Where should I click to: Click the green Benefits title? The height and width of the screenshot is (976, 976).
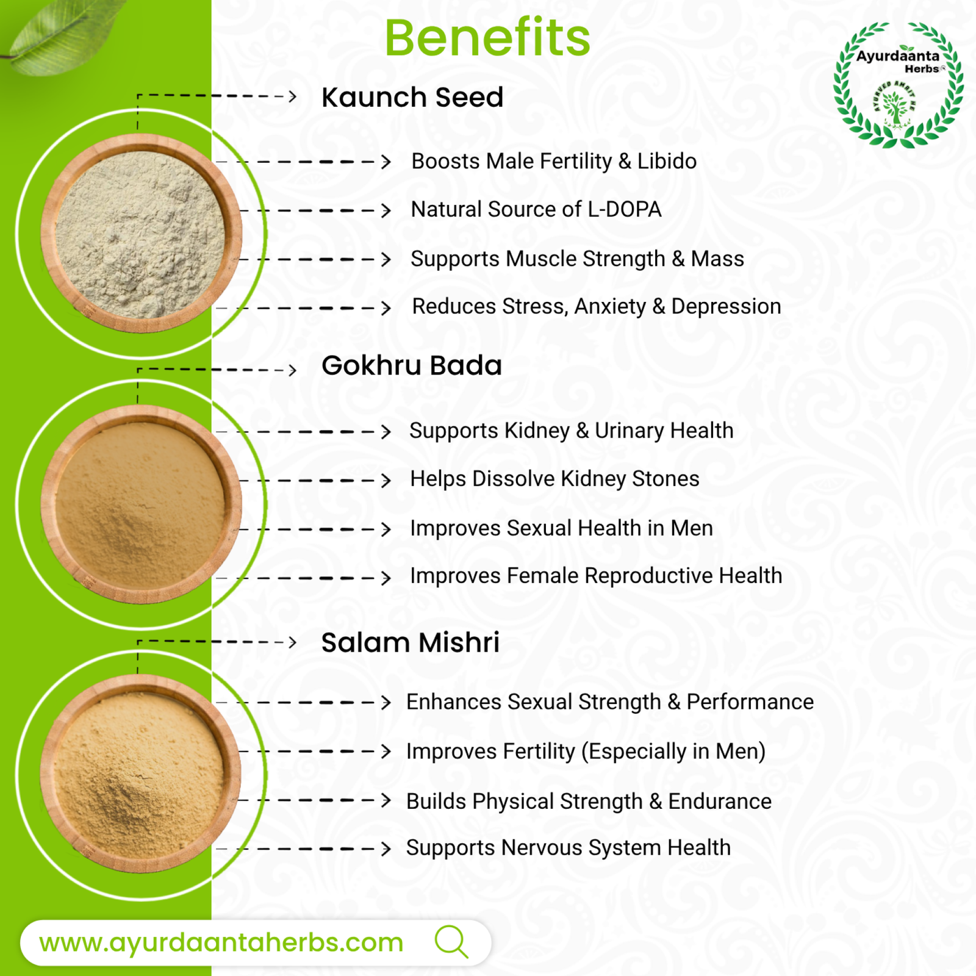487,38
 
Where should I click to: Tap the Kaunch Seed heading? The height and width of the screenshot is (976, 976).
412,97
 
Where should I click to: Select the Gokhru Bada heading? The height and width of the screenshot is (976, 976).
412,365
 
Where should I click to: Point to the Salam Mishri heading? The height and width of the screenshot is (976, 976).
411,642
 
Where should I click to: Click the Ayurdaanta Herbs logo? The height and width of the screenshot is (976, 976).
898,85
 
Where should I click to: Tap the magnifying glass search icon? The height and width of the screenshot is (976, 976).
451,942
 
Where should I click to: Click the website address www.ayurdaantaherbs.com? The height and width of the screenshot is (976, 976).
221,942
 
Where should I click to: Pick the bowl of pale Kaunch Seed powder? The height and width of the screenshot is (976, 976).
141,234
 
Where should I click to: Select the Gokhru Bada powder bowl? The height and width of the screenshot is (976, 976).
141,504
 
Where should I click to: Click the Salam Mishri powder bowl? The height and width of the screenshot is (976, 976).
141,775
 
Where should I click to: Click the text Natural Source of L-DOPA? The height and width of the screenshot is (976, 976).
536,209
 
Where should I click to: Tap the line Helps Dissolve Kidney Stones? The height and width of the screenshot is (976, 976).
554,479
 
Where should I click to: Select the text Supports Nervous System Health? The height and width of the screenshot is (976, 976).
569,848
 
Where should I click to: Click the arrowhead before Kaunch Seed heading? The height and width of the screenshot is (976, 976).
293,96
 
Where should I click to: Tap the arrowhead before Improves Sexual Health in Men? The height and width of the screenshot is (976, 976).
386,529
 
